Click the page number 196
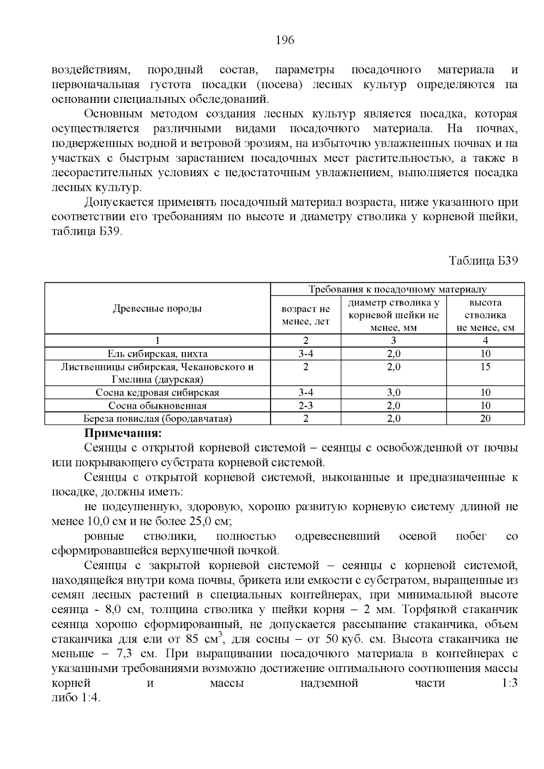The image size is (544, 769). tap(285, 40)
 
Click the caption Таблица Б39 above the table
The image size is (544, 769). tap(483, 261)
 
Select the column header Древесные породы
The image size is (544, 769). tap(157, 309)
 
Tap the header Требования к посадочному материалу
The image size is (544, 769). tap(397, 290)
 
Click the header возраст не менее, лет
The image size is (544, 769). tap(306, 315)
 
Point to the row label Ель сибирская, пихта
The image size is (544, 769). tap(157, 354)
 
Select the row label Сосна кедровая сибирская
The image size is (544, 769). tap(157, 393)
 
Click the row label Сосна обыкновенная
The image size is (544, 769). tap(157, 406)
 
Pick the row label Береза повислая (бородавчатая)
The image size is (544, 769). tap(157, 419)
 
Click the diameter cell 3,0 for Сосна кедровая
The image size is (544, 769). tap(393, 393)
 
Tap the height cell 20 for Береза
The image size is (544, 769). tap(485, 419)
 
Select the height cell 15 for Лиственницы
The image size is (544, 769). tap(485, 367)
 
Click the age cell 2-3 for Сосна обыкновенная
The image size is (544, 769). tap(306, 406)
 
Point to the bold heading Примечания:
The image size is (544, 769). tap(123, 433)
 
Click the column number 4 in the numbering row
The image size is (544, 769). tap(485, 341)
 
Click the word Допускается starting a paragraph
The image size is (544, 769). tap(114, 202)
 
